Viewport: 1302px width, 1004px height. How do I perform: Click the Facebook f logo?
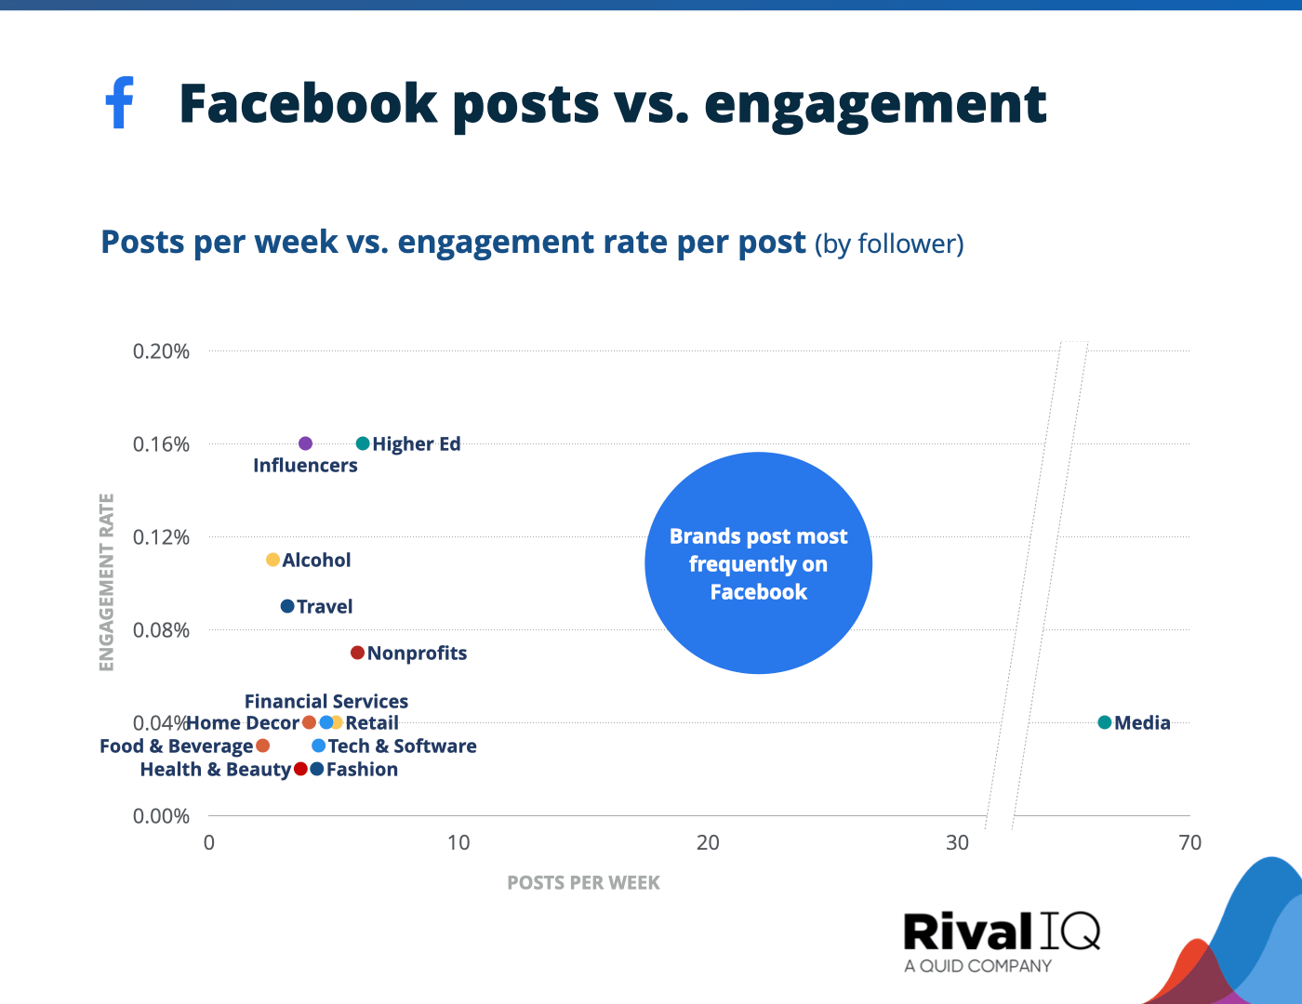(x=119, y=102)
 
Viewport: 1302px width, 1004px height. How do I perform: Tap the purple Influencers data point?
(x=305, y=443)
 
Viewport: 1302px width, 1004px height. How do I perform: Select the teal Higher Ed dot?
(x=363, y=443)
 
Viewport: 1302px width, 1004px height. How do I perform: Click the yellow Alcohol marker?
(x=272, y=560)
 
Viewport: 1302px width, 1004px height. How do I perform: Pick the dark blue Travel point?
(x=287, y=606)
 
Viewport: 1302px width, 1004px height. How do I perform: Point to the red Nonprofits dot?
(x=357, y=653)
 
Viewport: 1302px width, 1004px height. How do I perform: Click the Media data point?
(x=1105, y=722)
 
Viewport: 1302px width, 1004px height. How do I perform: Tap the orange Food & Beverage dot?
(x=262, y=746)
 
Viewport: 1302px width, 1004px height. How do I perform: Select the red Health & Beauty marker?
(x=300, y=769)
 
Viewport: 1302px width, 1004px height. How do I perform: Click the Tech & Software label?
(x=402, y=746)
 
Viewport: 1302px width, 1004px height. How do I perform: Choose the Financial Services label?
(x=325, y=701)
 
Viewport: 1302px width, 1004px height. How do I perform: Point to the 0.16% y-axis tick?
(x=161, y=443)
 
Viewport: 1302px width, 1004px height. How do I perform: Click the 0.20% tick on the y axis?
(x=161, y=350)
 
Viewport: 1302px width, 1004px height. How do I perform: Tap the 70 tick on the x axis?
(x=1189, y=842)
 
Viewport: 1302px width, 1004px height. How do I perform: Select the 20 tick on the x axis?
(x=708, y=842)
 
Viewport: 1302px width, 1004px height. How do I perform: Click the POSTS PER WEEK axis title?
(x=583, y=882)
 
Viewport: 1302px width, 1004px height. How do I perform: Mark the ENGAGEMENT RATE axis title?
(x=107, y=582)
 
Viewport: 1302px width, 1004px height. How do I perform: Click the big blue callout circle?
(x=758, y=563)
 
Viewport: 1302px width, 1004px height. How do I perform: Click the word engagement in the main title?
(x=875, y=104)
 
